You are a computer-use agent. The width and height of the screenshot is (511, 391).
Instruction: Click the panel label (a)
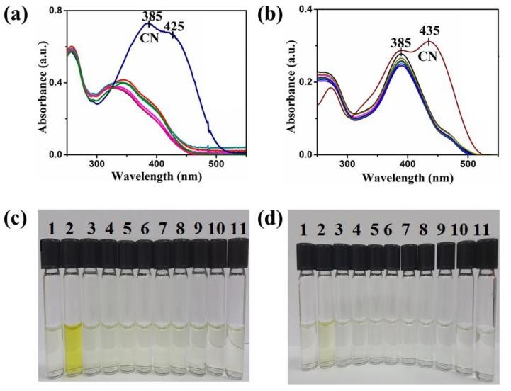(16, 15)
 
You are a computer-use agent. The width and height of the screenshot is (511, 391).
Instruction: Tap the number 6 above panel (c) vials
(143, 229)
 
